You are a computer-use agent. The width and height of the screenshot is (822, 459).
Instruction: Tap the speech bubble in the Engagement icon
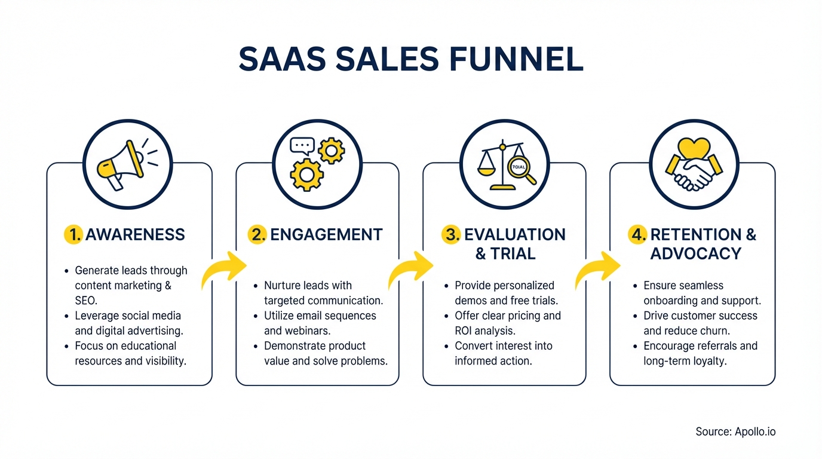302,145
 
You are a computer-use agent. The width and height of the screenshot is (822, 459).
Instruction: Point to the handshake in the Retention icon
693,174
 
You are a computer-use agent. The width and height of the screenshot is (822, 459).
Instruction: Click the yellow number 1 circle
73,234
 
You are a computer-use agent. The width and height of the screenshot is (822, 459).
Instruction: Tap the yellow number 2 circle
257,234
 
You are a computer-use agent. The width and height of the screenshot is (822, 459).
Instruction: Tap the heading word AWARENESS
135,234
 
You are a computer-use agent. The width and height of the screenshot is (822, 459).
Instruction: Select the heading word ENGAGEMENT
326,234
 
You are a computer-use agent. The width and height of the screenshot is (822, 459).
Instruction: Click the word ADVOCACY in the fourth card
696,254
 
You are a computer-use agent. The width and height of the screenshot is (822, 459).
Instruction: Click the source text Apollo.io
755,431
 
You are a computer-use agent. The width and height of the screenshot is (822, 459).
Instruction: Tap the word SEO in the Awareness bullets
86,301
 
